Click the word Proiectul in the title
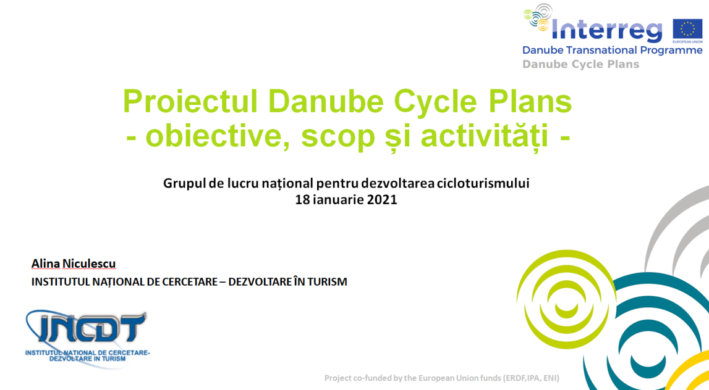coord(190,101)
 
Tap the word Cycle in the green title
coord(435,101)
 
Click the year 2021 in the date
coord(382,199)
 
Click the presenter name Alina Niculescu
coord(74,263)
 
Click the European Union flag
coord(687,30)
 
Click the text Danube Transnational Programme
coord(612,50)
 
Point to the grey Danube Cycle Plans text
coord(580,65)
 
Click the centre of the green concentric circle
coord(566,299)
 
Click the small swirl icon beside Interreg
coord(538,17)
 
